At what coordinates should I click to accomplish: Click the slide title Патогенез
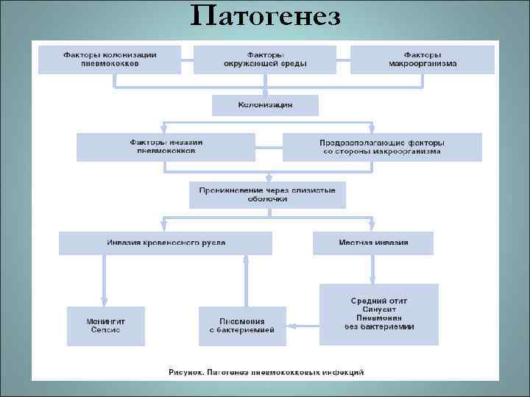coord(265,16)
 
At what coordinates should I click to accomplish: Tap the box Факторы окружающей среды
coord(265,59)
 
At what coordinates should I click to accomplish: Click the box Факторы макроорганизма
coord(422,59)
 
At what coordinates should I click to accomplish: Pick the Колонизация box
coord(265,105)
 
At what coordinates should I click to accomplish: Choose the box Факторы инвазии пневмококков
coord(166,146)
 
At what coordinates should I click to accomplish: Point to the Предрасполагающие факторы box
coord(382,146)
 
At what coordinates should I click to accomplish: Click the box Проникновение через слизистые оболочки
coord(267,195)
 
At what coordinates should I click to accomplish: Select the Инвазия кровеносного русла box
coord(166,243)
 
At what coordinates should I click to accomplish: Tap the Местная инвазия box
coord(373,243)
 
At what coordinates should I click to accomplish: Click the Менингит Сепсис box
coord(106,325)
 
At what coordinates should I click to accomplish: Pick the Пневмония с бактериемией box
coord(242,325)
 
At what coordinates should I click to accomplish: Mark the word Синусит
coord(379,310)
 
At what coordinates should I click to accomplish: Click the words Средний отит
coord(379,301)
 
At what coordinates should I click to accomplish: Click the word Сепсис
coord(106,330)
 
